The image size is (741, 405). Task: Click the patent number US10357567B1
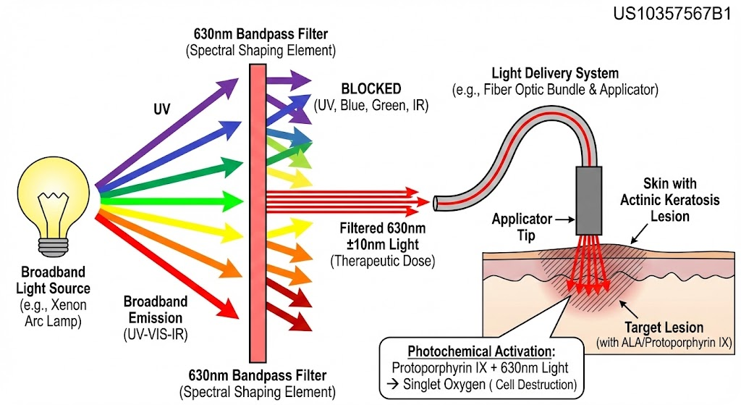(672, 14)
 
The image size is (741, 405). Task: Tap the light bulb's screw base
(53, 246)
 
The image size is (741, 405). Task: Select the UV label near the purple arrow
(161, 109)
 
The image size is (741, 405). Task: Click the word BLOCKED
(371, 88)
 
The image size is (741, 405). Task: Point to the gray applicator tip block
(589, 201)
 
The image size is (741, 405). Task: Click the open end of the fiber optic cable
(436, 203)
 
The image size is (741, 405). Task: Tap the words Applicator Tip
(522, 227)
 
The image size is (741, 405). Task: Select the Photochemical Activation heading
(481, 351)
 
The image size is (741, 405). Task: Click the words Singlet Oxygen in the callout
(444, 385)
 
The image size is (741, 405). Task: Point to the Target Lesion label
(664, 327)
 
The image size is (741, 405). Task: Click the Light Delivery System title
(555, 73)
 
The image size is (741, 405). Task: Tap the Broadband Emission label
(156, 309)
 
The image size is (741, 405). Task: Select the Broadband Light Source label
(53, 280)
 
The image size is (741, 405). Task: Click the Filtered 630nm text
(382, 228)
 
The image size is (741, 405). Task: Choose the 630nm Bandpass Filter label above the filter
(261, 34)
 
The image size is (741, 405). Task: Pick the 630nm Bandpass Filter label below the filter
(257, 376)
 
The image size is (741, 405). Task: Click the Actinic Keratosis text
(669, 200)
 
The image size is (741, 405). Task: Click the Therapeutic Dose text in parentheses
(382, 261)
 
